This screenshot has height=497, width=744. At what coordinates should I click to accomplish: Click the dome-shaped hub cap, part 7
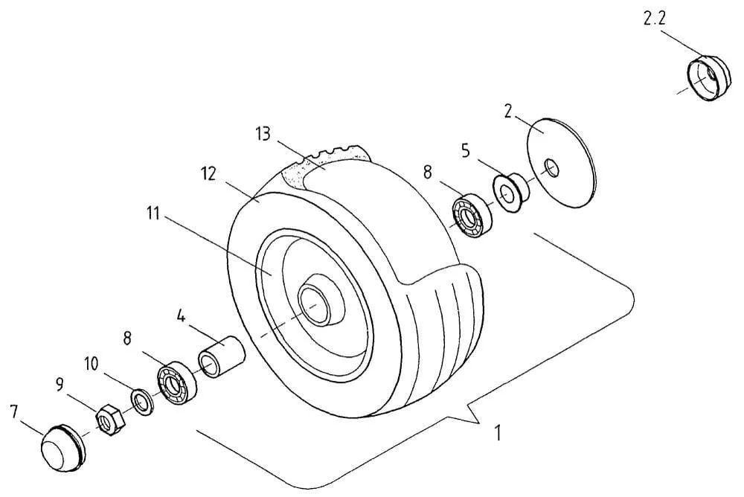click(x=62, y=448)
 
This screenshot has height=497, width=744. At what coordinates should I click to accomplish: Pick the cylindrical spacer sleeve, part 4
click(x=222, y=356)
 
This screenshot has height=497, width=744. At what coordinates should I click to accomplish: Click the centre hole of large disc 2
click(x=551, y=167)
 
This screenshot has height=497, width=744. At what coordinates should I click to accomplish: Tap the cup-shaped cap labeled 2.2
click(x=706, y=78)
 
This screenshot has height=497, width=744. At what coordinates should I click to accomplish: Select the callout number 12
click(x=209, y=174)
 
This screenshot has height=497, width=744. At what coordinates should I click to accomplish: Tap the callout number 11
click(x=153, y=214)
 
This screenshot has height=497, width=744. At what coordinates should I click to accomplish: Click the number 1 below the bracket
click(x=497, y=433)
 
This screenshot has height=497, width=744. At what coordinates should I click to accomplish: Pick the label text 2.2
click(x=654, y=19)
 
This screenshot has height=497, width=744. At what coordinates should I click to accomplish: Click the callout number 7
click(x=13, y=411)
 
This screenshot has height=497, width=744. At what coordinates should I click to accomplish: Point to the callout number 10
click(x=92, y=364)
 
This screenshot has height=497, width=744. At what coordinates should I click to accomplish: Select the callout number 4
click(x=181, y=315)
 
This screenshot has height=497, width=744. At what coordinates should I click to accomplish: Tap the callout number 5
click(x=466, y=151)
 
